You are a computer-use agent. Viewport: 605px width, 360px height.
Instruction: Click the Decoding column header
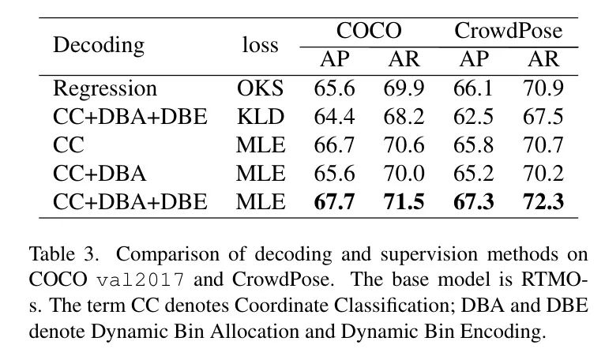pyautogui.click(x=99, y=45)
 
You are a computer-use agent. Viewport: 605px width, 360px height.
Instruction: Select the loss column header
pyautogui.click(x=260, y=45)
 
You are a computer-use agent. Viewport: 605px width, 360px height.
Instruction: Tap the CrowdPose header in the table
pyautogui.click(x=508, y=32)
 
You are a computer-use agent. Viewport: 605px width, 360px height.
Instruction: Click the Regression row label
pyautogui.click(x=105, y=88)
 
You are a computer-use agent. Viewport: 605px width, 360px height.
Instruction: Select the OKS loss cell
pyautogui.click(x=260, y=88)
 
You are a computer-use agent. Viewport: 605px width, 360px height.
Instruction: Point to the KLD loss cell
pyautogui.click(x=260, y=117)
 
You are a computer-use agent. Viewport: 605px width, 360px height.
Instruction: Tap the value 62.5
pyautogui.click(x=473, y=117)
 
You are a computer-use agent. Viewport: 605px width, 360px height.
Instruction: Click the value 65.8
pyautogui.click(x=473, y=145)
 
